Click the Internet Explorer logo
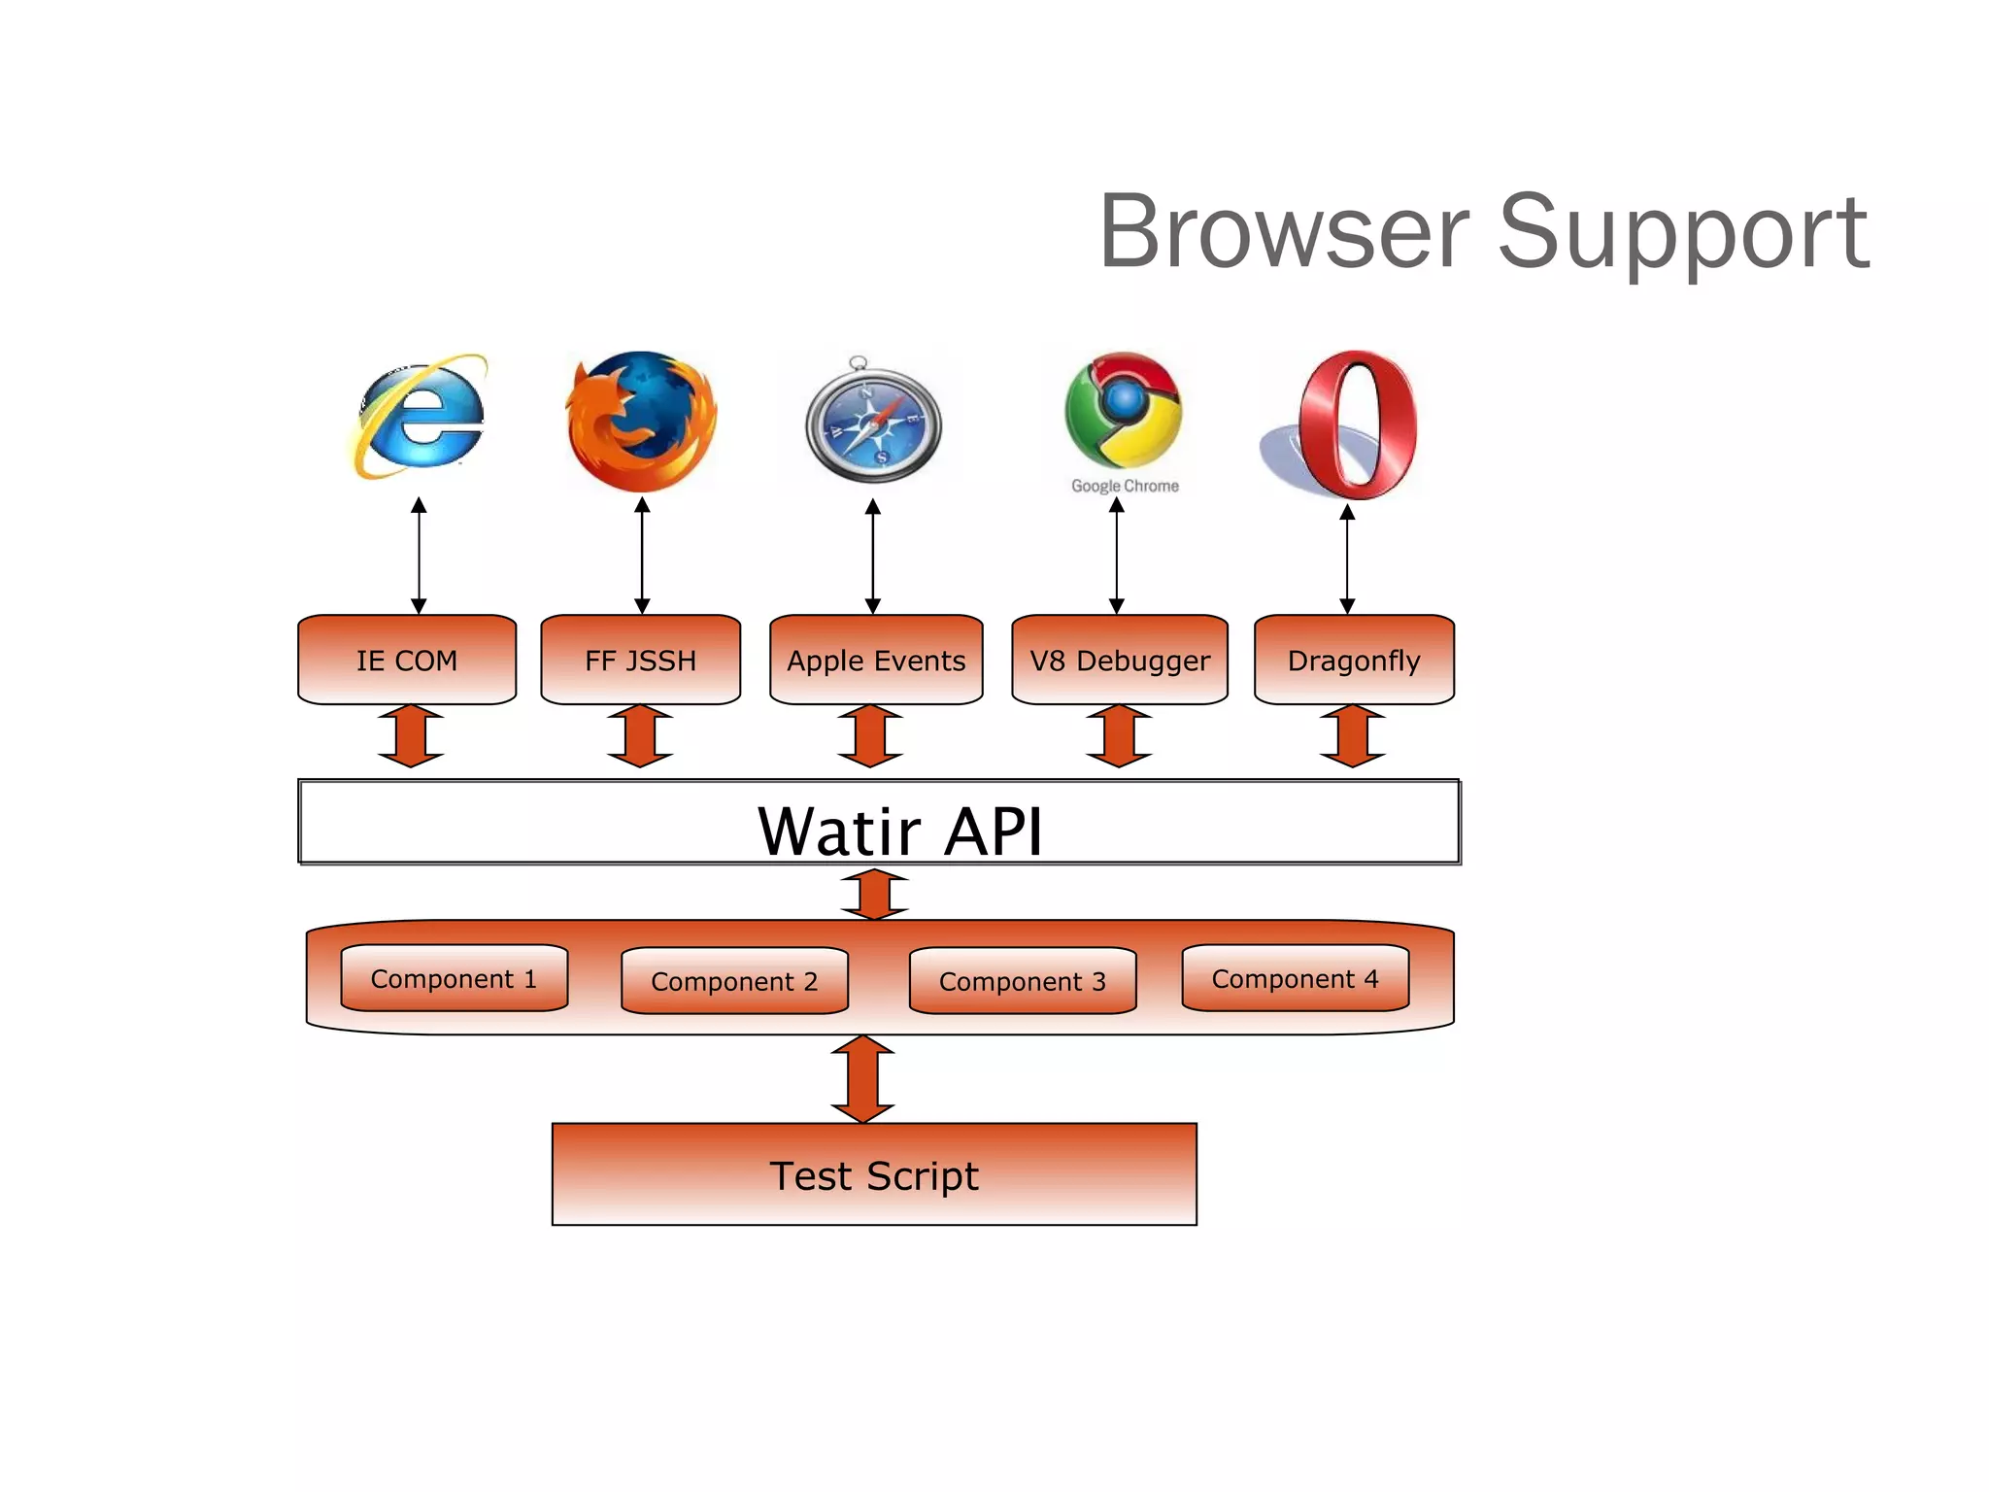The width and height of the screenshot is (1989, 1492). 420,418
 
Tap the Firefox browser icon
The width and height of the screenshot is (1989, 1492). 641,421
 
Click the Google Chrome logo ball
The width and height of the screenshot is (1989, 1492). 1124,409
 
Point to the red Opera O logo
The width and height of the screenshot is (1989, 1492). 1357,424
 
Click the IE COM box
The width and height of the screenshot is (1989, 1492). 406,660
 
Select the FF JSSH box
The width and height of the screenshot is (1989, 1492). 640,660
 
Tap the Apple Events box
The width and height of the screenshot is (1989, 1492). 875,660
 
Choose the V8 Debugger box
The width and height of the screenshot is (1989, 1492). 1119,660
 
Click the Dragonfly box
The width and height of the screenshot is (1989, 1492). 1353,660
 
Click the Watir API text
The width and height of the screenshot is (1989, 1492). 899,831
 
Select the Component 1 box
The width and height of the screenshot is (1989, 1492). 454,978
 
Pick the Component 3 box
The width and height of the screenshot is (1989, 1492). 1022,981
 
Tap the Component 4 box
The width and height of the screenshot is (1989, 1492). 1295,978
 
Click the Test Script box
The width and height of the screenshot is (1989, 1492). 873,1174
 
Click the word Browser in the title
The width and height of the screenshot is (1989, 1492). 1283,233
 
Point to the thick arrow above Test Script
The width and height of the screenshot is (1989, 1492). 862,1079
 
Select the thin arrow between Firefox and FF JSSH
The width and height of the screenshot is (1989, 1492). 642,556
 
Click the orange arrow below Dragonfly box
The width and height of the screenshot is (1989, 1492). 1353,736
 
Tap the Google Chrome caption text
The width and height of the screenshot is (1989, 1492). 1125,486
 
